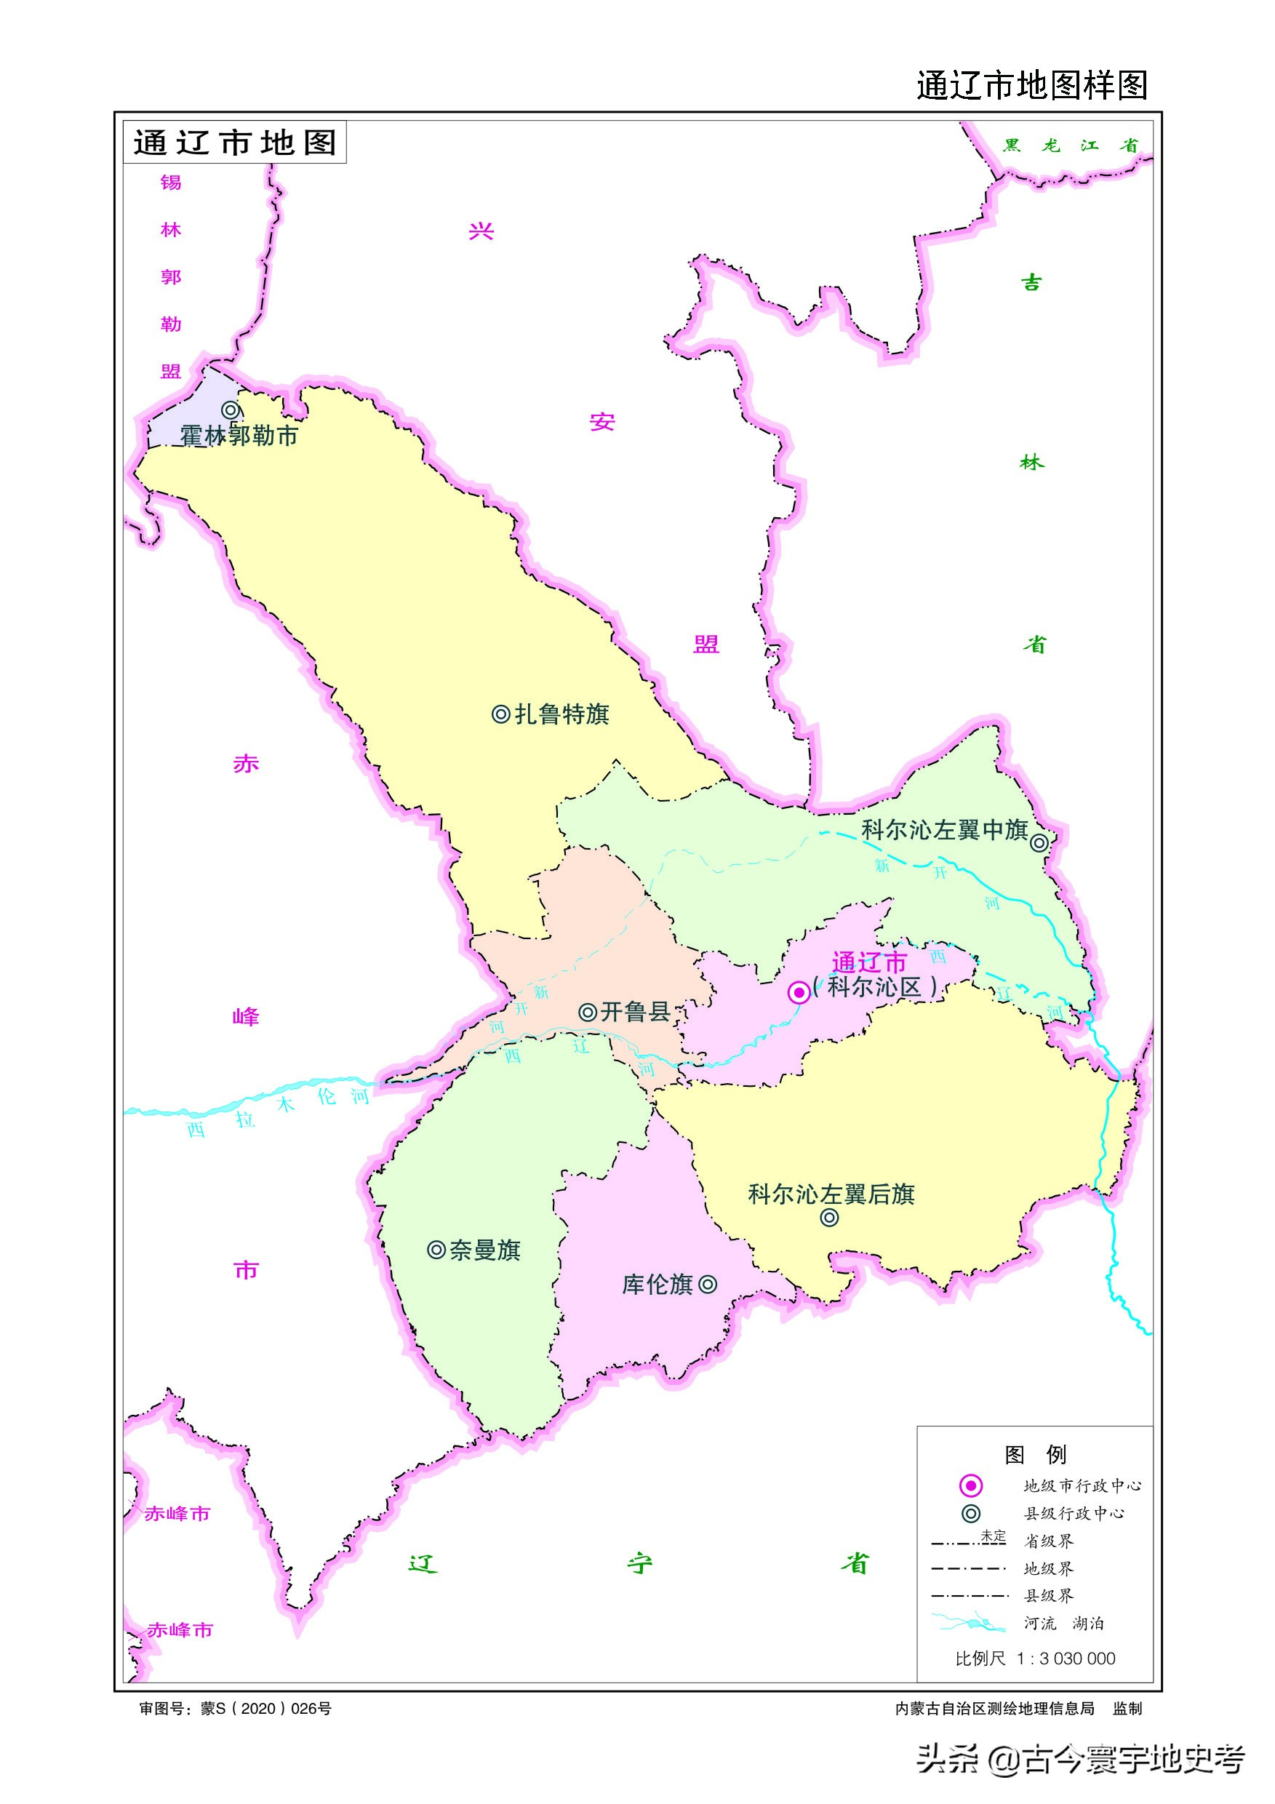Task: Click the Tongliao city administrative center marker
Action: click(799, 992)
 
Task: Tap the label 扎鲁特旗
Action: click(561, 714)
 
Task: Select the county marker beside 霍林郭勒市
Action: click(230, 410)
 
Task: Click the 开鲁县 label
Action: click(635, 1012)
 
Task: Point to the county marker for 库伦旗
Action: click(708, 1285)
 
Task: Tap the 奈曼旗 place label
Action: click(484, 1250)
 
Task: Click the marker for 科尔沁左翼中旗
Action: click(1039, 843)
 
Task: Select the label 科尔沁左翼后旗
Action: click(831, 1195)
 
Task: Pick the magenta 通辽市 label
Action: click(869, 962)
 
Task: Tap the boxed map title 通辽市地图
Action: click(235, 143)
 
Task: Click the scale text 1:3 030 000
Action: click(1066, 1659)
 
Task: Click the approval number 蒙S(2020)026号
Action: click(265, 1709)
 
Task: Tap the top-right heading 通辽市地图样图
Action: click(1031, 85)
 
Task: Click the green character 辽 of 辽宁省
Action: click(423, 1563)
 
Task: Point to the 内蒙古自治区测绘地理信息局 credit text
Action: click(994, 1709)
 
